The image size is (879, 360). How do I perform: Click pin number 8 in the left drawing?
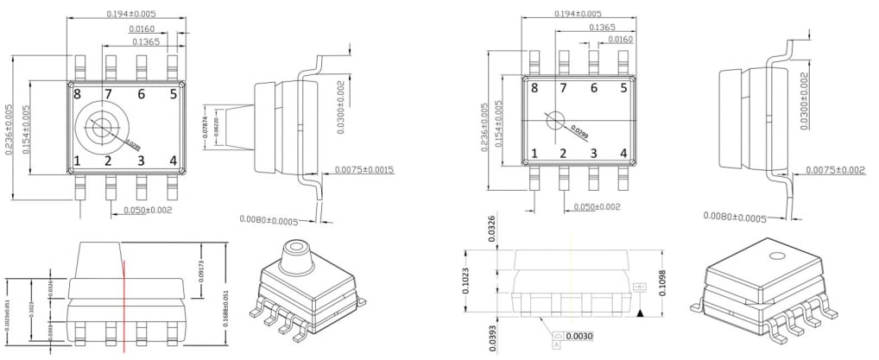coord(77,94)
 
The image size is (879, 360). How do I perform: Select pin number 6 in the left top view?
coord(141,94)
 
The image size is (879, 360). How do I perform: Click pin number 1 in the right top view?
coord(534,154)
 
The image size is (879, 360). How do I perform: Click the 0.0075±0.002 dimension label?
coord(835,170)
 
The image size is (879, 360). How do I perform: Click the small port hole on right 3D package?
coord(777,256)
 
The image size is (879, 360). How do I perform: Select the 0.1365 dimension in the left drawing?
coord(145,41)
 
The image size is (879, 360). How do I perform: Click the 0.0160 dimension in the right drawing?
coord(620,39)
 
